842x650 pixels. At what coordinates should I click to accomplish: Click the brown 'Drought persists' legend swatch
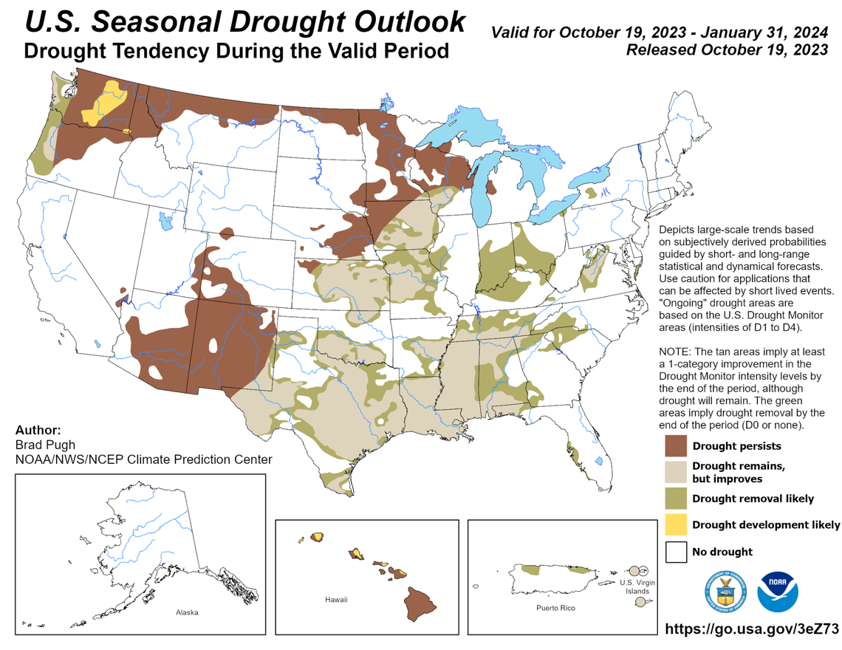677,445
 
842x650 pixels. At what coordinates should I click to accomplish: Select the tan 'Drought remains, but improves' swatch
677,472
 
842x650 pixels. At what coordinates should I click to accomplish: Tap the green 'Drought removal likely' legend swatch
677,498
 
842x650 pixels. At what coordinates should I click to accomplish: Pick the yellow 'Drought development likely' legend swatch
677,524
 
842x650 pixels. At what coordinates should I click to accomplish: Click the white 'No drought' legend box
677,551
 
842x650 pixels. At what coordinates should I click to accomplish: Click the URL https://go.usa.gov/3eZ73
752,629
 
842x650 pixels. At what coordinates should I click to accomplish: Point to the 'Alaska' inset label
187,612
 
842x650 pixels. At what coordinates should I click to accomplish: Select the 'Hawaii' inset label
336,600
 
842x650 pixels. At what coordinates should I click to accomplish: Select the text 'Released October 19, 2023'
726,50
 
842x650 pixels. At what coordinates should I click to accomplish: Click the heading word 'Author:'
38,430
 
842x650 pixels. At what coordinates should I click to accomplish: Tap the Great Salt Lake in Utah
164,219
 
